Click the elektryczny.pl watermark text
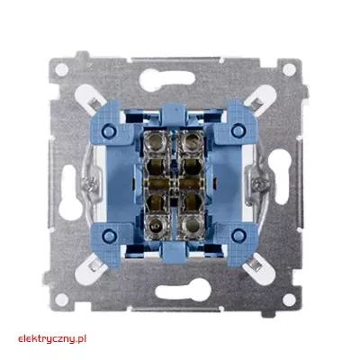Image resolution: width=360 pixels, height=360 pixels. tap(52, 339)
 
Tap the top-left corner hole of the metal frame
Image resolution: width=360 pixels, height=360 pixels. tap(62, 69)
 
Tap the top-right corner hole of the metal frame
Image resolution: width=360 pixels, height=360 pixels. tap(289, 69)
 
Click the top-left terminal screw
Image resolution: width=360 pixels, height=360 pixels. tap(156, 139)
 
